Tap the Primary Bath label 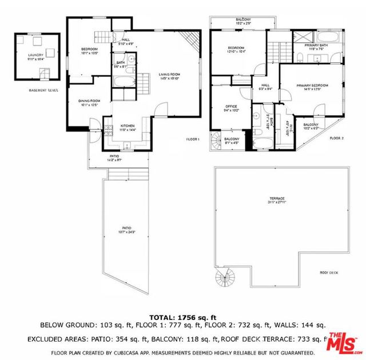point(316,46)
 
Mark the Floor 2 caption point(336,138)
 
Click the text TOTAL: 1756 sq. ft point(182,317)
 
